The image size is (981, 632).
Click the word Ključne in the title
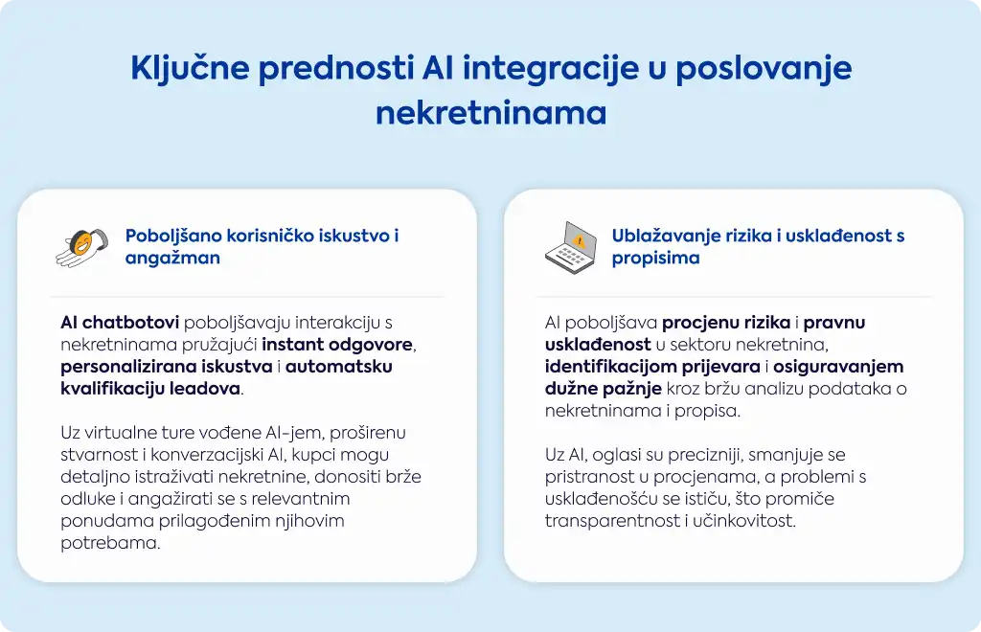click(190, 69)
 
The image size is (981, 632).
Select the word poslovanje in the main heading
click(764, 69)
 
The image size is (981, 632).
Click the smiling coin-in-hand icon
click(81, 248)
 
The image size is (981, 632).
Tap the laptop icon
click(571, 248)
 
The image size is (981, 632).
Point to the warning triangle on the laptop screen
click(580, 241)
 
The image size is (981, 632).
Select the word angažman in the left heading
click(172, 259)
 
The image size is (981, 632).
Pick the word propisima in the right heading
click(655, 259)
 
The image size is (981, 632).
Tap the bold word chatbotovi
click(130, 323)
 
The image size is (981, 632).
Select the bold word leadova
click(205, 388)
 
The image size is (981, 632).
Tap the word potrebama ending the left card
click(110, 543)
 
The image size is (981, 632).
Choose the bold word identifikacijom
click(652, 367)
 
